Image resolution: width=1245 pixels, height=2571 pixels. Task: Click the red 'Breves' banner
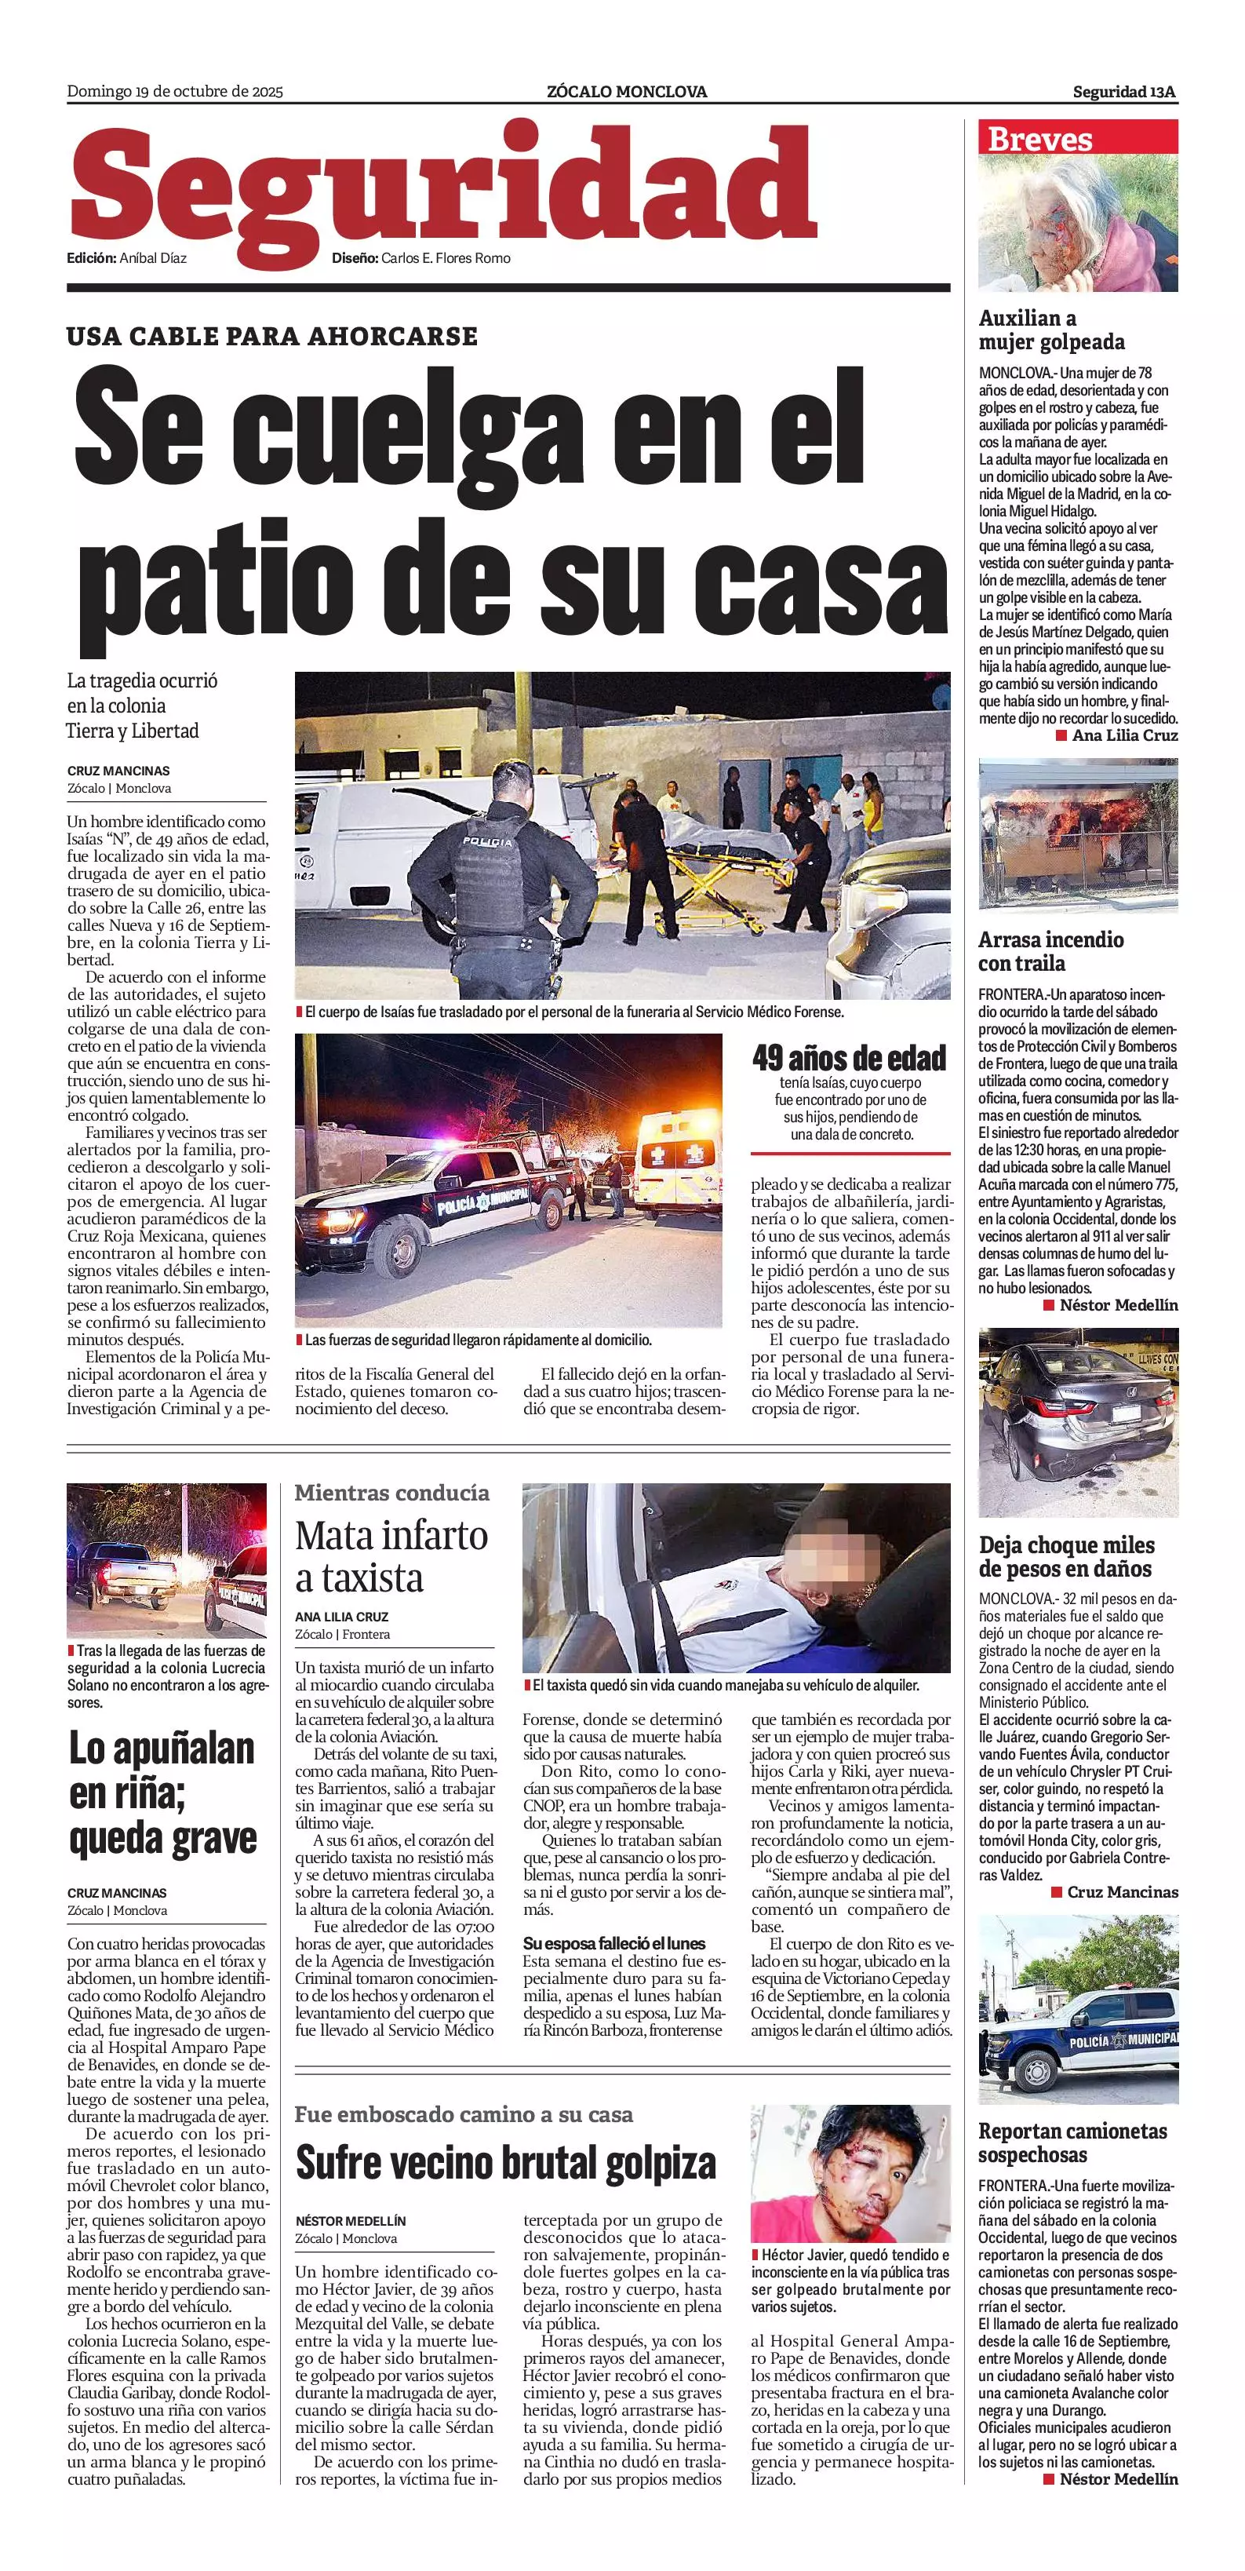tap(1077, 138)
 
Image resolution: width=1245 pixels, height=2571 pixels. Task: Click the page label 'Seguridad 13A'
tap(1124, 92)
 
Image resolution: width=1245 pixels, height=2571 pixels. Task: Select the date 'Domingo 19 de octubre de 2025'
tap(175, 92)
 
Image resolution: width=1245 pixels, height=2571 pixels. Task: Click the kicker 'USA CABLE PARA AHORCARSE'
tap(272, 337)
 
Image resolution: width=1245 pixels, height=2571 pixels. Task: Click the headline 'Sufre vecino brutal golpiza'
tap(506, 2164)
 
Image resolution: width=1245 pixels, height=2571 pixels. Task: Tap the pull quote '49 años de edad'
tap(849, 1058)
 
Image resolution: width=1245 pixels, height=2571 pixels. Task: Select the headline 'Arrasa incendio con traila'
tap(1050, 951)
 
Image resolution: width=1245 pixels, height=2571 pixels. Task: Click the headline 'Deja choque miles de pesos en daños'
tap(1066, 1557)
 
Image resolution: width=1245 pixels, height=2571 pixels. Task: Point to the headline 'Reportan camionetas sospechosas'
tap(1072, 2142)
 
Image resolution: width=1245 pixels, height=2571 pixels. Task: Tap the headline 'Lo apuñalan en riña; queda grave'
tap(162, 1793)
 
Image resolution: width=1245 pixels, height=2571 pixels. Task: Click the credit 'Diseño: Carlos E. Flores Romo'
tap(421, 258)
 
